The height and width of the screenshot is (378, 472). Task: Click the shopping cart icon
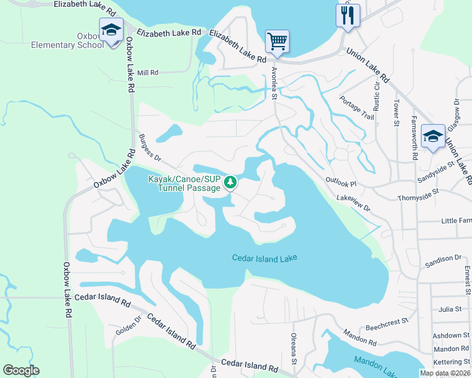pos(277,42)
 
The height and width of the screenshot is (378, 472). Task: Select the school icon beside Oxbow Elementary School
pos(112,30)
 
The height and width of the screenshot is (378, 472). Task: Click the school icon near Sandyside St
pos(433,136)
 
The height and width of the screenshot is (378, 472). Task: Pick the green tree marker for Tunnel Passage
pos(230,183)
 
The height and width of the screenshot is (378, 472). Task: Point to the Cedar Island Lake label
pos(264,258)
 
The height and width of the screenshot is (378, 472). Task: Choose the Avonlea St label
pos(274,84)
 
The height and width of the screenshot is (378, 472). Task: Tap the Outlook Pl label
pos(341,183)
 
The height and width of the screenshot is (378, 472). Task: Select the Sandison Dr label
pos(443,259)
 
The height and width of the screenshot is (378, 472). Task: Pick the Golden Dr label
pos(126,328)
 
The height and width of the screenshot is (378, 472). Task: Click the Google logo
pos(21,370)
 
